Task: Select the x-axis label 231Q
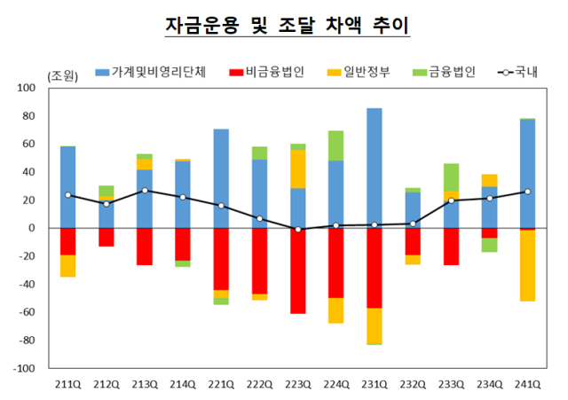pyautogui.click(x=375, y=384)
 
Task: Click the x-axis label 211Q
pyautogui.click(x=68, y=384)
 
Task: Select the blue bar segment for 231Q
pyautogui.click(x=375, y=168)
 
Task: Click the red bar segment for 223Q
pyautogui.click(x=298, y=271)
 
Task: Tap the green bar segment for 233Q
pyautogui.click(x=451, y=176)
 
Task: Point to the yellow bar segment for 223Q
pyautogui.click(x=298, y=169)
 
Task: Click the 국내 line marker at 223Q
pyautogui.click(x=298, y=230)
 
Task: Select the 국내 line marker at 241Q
pyautogui.click(x=527, y=192)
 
